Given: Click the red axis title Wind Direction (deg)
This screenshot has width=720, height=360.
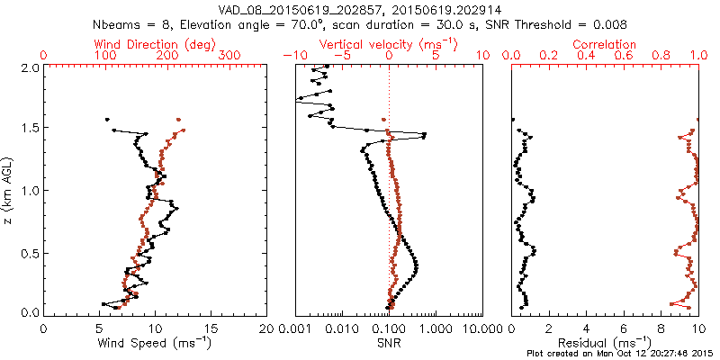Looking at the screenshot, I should pyautogui.click(x=155, y=44).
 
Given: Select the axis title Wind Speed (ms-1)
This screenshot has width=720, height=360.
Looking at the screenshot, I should pyautogui.click(x=155, y=343).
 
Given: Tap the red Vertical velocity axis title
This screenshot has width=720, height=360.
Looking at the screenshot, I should pyautogui.click(x=388, y=44).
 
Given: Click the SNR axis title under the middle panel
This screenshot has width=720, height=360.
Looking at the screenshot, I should pyautogui.click(x=388, y=343).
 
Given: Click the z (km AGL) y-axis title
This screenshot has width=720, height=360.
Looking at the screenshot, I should pyautogui.click(x=9, y=190).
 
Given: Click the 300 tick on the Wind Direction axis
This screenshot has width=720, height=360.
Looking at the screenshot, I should pyautogui.click(x=229, y=56).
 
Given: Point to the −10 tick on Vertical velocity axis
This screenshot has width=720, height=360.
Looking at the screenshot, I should pyautogui.click(x=292, y=56).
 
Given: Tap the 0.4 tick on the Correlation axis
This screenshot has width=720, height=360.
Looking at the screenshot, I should pyautogui.click(x=586, y=56).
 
